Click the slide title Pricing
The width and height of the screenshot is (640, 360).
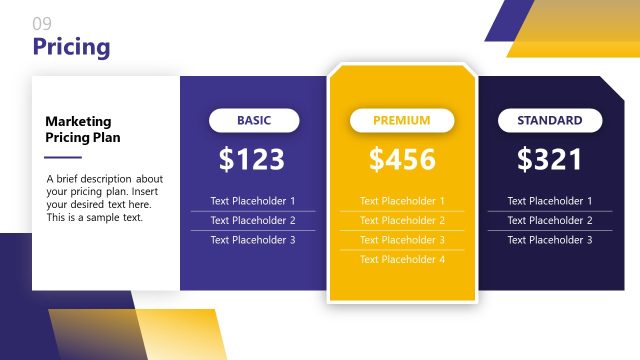pyautogui.click(x=71, y=47)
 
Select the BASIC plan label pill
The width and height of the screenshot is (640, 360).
pyautogui.click(x=254, y=121)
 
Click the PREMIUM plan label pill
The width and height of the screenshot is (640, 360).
pyautogui.click(x=401, y=121)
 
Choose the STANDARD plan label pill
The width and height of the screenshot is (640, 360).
pyautogui.click(x=549, y=121)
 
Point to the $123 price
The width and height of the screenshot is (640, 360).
pyautogui.click(x=252, y=159)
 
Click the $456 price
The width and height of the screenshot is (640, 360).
pyautogui.click(x=402, y=159)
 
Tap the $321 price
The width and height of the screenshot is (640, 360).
pyautogui.click(x=549, y=159)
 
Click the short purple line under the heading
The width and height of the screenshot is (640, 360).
pyautogui.click(x=63, y=157)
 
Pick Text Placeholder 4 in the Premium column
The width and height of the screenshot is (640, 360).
pyautogui.click(x=402, y=259)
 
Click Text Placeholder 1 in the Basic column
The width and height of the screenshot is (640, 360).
pyautogui.click(x=253, y=201)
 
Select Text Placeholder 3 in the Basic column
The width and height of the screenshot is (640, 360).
pyautogui.click(x=253, y=240)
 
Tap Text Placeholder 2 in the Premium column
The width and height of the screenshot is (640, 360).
pyautogui.click(x=402, y=220)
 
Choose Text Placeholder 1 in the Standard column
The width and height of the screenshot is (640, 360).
pyautogui.click(x=550, y=201)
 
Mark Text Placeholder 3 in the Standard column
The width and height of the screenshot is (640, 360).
pyautogui.click(x=550, y=240)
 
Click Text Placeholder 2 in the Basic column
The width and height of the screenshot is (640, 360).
pyautogui.click(x=253, y=220)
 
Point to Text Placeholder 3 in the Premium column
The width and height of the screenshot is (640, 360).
pyautogui.click(x=402, y=240)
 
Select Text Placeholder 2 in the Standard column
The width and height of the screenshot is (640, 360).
pyautogui.click(x=550, y=220)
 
